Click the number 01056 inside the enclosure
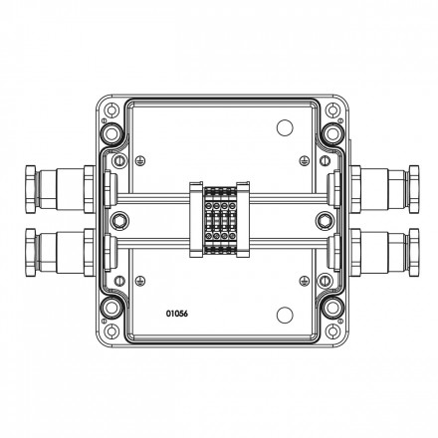pos(177,314)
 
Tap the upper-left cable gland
pos(60,189)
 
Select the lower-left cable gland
pos(60,253)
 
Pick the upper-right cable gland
pos(384,189)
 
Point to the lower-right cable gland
pos(384,253)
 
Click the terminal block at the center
pos(220,220)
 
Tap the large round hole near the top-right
pos(285,128)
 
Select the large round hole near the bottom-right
pos(285,315)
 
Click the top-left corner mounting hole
pos(111,109)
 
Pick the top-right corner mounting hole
pos(331,109)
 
